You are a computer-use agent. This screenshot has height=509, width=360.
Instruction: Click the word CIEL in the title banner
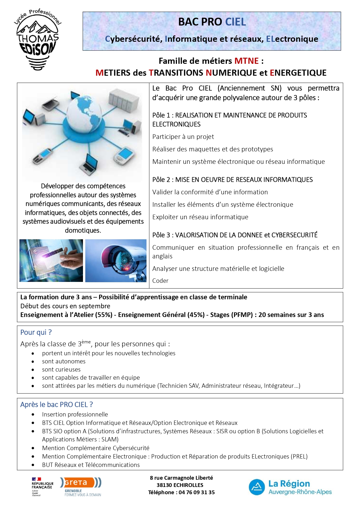[235, 22]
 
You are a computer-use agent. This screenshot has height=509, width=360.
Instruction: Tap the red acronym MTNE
[246, 61]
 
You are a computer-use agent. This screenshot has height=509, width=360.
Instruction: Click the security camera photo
[116, 260]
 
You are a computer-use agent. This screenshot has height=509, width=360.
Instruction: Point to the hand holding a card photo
[51, 260]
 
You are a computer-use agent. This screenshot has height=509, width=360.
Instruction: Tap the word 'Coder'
[160, 281]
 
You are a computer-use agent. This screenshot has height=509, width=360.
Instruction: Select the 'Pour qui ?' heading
[36, 332]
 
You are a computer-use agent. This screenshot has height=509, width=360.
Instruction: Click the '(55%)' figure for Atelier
[104, 315]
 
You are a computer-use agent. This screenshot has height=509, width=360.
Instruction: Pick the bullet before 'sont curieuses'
[33, 370]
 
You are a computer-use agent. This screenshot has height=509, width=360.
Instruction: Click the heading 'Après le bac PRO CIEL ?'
[57, 405]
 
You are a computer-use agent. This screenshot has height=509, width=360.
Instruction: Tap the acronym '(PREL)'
[299, 457]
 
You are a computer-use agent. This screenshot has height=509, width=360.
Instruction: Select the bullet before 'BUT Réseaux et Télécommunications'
[33, 465]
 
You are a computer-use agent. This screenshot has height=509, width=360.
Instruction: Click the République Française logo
[42, 486]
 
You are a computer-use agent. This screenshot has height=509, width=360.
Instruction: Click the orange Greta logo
[80, 483]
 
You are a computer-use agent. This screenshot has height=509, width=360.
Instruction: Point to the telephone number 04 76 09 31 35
[196, 492]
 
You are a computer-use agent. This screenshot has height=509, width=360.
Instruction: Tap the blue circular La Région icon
[257, 487]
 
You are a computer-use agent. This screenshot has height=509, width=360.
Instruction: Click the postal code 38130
[165, 485]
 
